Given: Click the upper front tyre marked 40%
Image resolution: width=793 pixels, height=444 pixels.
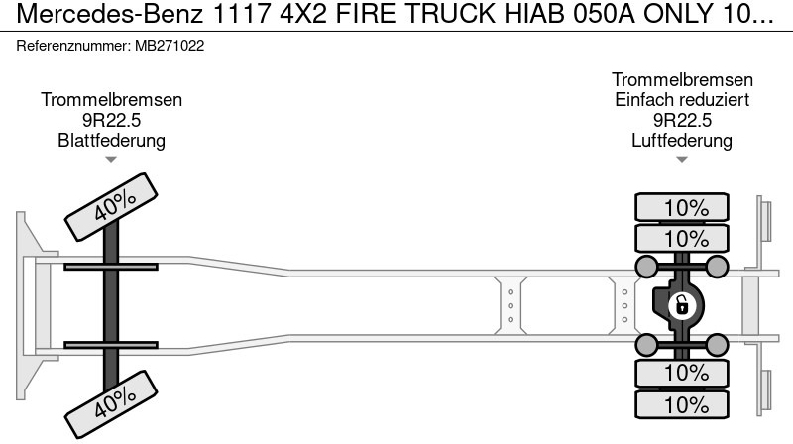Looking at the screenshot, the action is coord(111,206).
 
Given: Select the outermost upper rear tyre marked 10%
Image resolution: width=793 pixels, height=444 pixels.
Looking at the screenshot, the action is coord(682,207).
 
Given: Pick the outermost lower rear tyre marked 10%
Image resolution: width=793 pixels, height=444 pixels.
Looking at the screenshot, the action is coord(682,404).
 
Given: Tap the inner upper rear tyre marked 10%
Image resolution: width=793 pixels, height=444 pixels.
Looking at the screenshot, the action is coord(682,238).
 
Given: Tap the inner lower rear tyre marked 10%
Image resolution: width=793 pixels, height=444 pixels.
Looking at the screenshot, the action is coord(682,374).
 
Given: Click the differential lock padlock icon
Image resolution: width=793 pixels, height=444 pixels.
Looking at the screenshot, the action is coord(682,306).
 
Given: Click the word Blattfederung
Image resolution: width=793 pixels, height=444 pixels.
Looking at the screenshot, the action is coord(111,140).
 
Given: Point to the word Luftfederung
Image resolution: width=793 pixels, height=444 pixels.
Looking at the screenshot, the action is coord(682,140).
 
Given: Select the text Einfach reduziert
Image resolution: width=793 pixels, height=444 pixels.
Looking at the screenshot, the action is coord(682,100).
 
